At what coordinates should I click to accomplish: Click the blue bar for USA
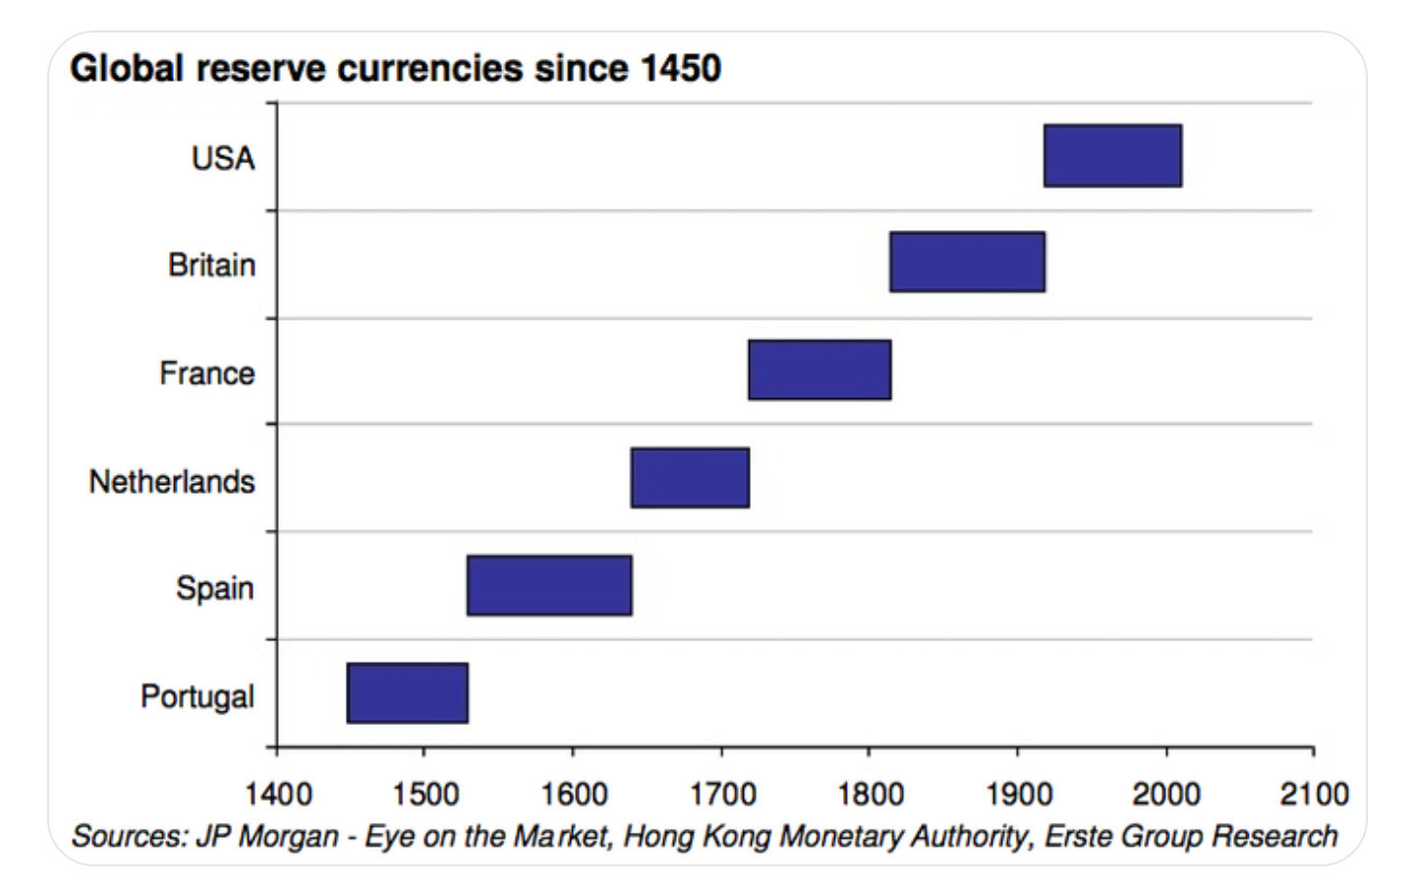click(x=1112, y=155)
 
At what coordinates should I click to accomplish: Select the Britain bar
click(x=967, y=262)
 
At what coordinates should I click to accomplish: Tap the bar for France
click(x=820, y=370)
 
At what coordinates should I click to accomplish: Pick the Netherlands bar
click(x=690, y=478)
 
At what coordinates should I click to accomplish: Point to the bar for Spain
click(x=549, y=585)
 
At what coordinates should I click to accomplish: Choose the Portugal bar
click(x=407, y=693)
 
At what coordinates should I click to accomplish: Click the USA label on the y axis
click(x=223, y=158)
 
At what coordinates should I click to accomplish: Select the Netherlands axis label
click(x=172, y=481)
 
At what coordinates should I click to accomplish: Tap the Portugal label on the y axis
click(x=197, y=696)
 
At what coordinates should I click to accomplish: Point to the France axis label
click(x=206, y=374)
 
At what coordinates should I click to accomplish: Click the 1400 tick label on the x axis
click(x=278, y=794)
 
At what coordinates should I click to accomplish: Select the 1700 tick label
click(x=722, y=794)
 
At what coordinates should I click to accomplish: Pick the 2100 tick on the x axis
click(x=1314, y=794)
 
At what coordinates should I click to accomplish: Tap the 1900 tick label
click(x=1018, y=794)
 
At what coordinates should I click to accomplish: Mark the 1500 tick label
click(x=424, y=794)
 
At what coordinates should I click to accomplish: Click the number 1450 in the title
click(x=680, y=69)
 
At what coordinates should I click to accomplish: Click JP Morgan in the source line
click(x=267, y=836)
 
